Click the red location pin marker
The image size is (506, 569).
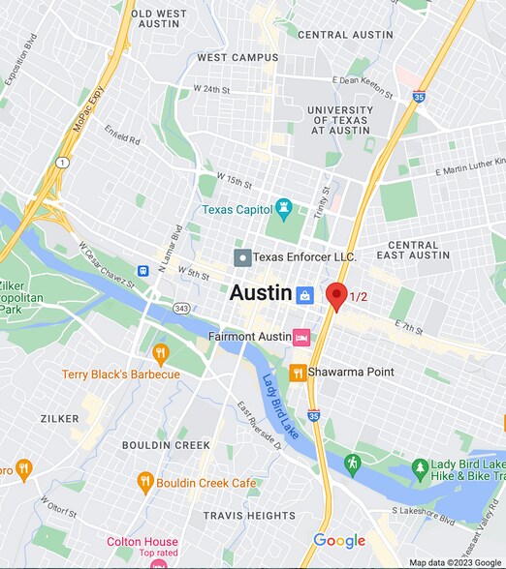(x=336, y=295)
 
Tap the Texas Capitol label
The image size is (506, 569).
(x=237, y=209)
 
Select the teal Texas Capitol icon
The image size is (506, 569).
(x=284, y=207)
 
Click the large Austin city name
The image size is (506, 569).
(x=260, y=293)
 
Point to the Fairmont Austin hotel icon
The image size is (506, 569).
(x=301, y=337)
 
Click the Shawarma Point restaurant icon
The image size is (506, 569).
(x=298, y=373)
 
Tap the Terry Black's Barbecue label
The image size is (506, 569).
(x=121, y=374)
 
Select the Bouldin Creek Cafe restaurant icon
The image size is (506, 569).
(x=144, y=481)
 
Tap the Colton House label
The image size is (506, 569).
(x=142, y=542)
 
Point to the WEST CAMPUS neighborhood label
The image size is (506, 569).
(x=237, y=58)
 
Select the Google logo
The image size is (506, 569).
(x=339, y=541)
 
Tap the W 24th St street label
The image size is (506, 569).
(x=212, y=90)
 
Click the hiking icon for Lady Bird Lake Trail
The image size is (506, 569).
(x=353, y=463)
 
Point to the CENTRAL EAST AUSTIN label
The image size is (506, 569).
(x=419, y=251)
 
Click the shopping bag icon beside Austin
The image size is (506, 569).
(x=305, y=294)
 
